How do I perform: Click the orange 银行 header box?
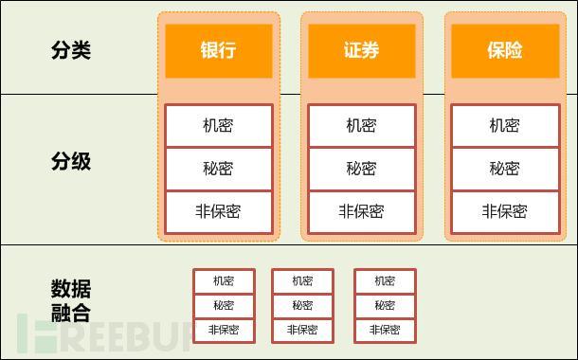218,50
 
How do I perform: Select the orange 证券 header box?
361,50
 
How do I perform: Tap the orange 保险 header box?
505,50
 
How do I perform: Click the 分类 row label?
71,50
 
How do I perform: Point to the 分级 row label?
71,161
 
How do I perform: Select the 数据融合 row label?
71,301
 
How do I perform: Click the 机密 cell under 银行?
218,125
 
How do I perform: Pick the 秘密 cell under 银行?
218,169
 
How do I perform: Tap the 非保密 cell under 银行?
218,211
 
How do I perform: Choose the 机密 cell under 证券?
361,125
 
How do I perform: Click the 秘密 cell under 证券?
361,169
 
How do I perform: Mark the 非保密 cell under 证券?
361,211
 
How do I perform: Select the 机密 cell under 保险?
504,125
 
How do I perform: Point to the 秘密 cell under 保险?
504,169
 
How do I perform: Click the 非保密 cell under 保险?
504,211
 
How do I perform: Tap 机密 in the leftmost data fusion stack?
224,280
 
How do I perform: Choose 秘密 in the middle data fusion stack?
302,305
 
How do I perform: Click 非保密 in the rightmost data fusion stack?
385,330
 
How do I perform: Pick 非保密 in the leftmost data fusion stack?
224,330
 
